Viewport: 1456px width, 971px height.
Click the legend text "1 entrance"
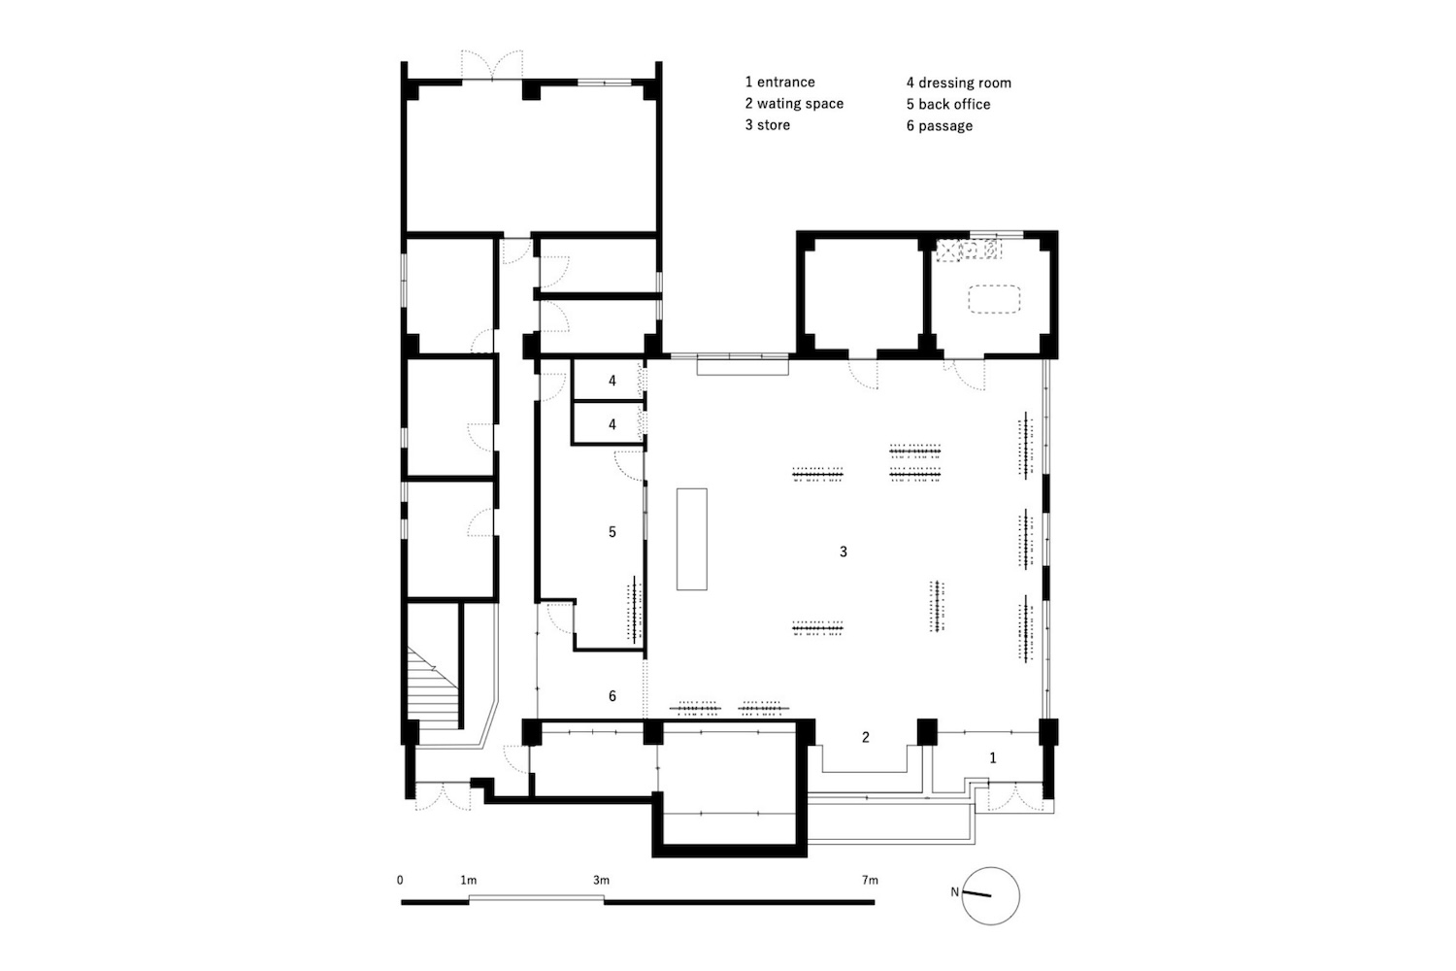click(x=780, y=82)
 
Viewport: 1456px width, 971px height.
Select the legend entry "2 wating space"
click(x=794, y=103)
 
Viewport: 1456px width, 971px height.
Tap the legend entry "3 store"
click(x=768, y=125)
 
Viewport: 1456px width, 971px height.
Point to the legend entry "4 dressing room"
click(x=959, y=83)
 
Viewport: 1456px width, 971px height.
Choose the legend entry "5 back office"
click(x=948, y=104)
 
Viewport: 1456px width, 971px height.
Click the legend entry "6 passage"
click(x=940, y=125)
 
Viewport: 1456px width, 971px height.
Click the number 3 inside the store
click(x=844, y=552)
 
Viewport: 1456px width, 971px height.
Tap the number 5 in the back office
click(x=612, y=532)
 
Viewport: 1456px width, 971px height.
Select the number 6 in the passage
click(x=612, y=696)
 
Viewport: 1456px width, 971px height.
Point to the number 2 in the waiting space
click(x=865, y=737)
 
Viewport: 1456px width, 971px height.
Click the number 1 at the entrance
click(x=993, y=757)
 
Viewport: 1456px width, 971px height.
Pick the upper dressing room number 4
click(x=612, y=381)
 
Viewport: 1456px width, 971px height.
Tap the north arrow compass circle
click(x=991, y=895)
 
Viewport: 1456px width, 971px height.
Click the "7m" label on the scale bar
click(x=870, y=880)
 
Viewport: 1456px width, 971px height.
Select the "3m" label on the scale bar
click(x=601, y=880)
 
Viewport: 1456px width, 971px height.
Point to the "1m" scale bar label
click(x=468, y=880)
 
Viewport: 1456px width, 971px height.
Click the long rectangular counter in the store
click(x=691, y=539)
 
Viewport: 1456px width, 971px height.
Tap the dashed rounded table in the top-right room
click(x=994, y=299)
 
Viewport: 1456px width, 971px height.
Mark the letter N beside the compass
click(x=955, y=891)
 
